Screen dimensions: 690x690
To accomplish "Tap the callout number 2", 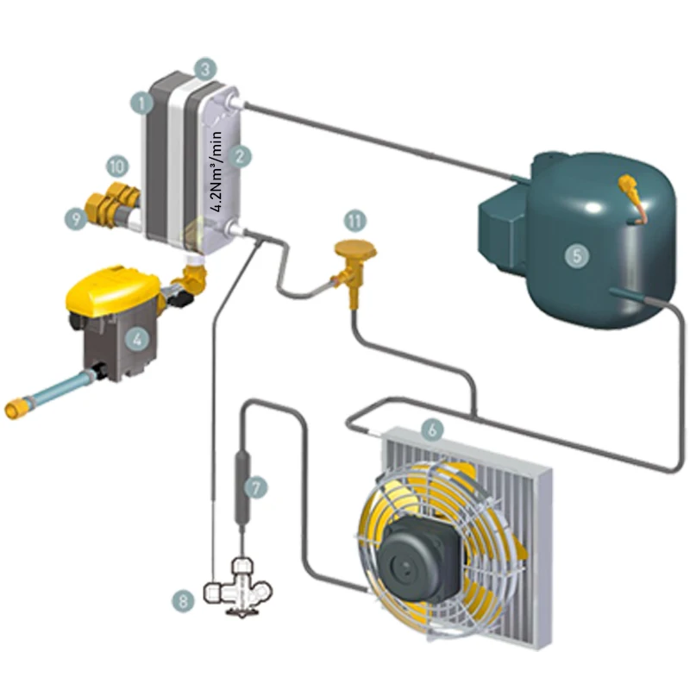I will [x=242, y=156].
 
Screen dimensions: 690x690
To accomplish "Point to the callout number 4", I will [x=135, y=339].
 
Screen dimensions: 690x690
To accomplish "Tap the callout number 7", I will [x=256, y=487].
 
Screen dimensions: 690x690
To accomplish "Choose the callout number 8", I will [x=182, y=601].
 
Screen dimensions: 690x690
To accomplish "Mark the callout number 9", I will [x=78, y=220].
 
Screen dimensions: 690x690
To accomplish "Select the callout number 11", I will [x=354, y=220].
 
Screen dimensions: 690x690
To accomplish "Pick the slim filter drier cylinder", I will [x=242, y=487].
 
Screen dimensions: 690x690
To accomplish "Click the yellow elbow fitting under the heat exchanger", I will [x=194, y=277].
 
